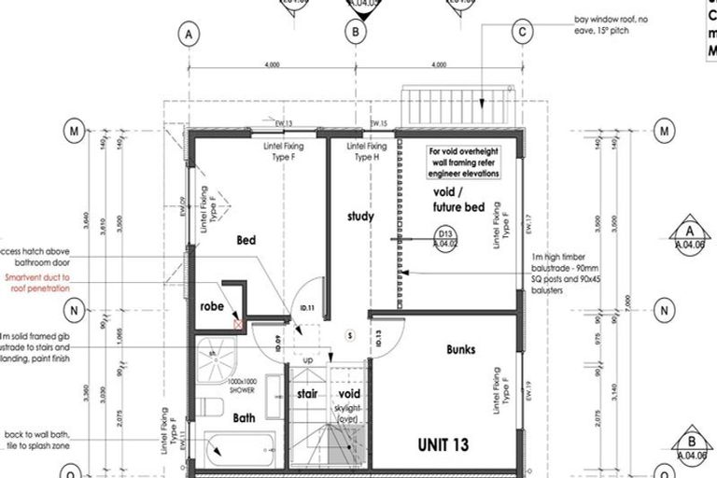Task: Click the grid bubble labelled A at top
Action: pyautogui.click(x=189, y=34)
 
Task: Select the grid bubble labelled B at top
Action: pyautogui.click(x=355, y=34)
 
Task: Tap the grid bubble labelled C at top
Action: pyautogui.click(x=521, y=34)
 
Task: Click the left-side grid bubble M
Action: pyautogui.click(x=74, y=132)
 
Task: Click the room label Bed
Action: pyautogui.click(x=246, y=241)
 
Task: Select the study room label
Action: pyautogui.click(x=360, y=217)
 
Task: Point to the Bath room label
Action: pyautogui.click(x=244, y=418)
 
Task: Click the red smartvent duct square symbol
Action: pyautogui.click(x=239, y=324)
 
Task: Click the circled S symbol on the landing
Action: pyautogui.click(x=348, y=334)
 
